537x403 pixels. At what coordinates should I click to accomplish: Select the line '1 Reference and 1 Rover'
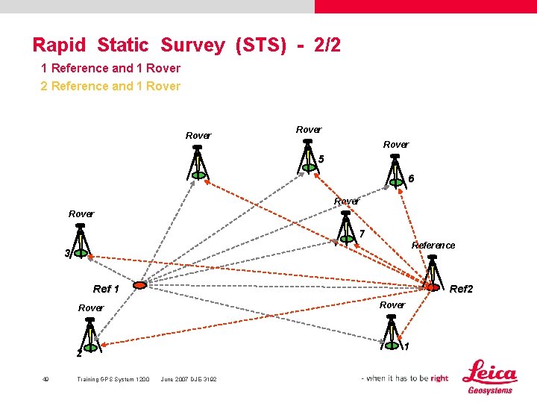coord(110,68)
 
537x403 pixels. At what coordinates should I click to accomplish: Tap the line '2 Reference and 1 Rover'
coord(110,86)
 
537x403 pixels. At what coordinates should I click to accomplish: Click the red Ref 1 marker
coord(139,284)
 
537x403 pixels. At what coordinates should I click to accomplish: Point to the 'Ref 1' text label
coord(106,289)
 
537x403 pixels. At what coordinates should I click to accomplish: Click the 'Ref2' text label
coord(461,289)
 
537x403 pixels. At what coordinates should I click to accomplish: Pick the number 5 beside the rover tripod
coord(321,159)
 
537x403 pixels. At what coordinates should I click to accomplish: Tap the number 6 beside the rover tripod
coord(411,178)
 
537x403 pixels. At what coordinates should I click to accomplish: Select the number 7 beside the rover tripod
coord(362,234)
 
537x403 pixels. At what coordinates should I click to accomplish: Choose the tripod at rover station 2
coord(90,334)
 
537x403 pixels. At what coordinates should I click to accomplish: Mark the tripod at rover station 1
coord(391,332)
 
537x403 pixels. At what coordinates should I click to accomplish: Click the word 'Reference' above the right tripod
coord(433,246)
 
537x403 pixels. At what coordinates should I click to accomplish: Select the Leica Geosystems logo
coord(490,377)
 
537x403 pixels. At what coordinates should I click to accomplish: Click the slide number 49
coord(45,379)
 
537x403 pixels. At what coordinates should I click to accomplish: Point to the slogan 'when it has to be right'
coord(406,378)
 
